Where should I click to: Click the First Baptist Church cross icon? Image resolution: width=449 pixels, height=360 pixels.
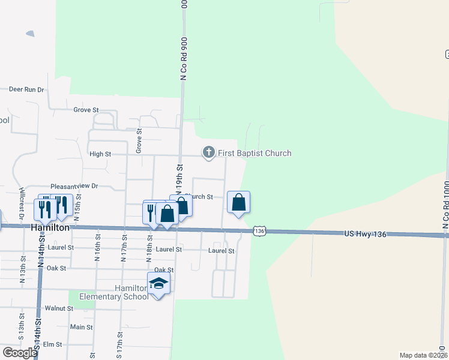click(x=209, y=153)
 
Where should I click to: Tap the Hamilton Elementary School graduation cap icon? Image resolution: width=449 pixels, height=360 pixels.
click(x=158, y=283)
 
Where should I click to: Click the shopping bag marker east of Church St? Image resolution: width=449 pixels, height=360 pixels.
click(x=239, y=202)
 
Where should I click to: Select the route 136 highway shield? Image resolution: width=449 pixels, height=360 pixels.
click(x=259, y=231)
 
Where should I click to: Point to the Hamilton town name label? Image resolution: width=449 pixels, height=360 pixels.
click(x=50, y=228)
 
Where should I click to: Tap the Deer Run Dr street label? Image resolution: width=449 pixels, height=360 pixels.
click(x=27, y=89)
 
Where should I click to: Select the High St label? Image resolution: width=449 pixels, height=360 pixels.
click(x=100, y=154)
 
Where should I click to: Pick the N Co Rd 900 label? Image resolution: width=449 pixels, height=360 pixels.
click(x=184, y=57)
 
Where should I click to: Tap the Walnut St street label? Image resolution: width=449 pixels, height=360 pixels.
click(x=59, y=308)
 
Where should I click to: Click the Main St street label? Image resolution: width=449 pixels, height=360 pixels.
click(x=81, y=328)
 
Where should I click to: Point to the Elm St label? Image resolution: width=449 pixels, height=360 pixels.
click(x=53, y=344)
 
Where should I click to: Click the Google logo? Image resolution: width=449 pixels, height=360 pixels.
click(x=20, y=352)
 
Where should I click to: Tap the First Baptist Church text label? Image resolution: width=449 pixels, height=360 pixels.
click(x=255, y=154)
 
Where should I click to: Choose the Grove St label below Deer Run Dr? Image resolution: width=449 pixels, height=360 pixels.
click(x=86, y=110)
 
